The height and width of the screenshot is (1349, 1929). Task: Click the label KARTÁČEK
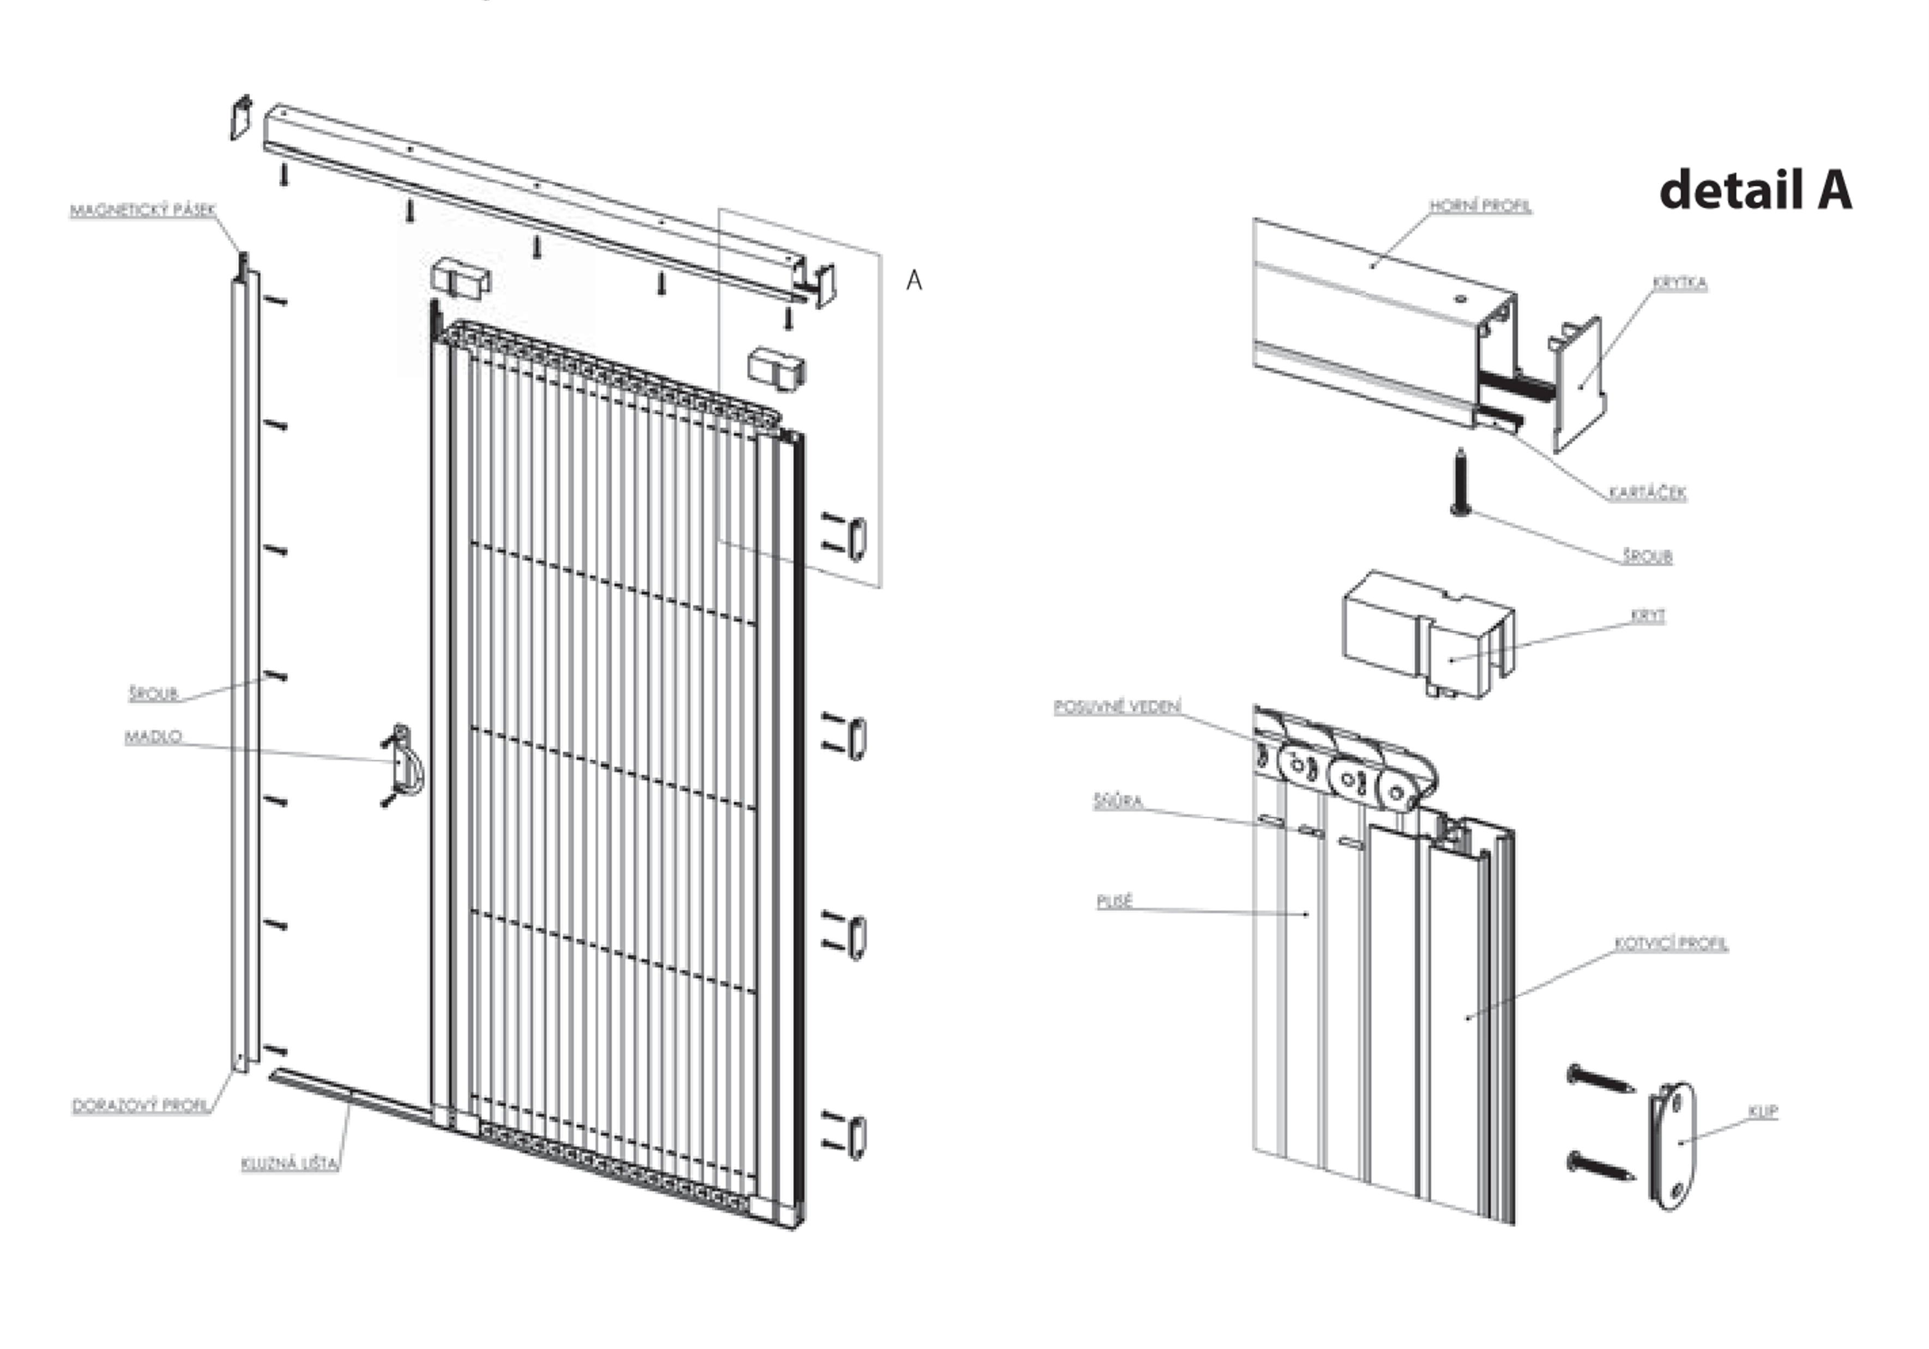point(1647,493)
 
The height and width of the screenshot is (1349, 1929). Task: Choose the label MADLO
point(153,737)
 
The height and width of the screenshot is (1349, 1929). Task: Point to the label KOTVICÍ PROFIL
point(1671,943)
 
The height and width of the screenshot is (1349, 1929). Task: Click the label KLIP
point(1763,1111)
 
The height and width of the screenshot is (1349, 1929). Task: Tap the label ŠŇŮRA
point(1117,801)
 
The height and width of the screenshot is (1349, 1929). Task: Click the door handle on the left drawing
point(407,763)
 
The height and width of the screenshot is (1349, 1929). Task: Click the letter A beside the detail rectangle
point(914,281)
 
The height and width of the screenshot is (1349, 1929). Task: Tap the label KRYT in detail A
point(1648,616)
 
